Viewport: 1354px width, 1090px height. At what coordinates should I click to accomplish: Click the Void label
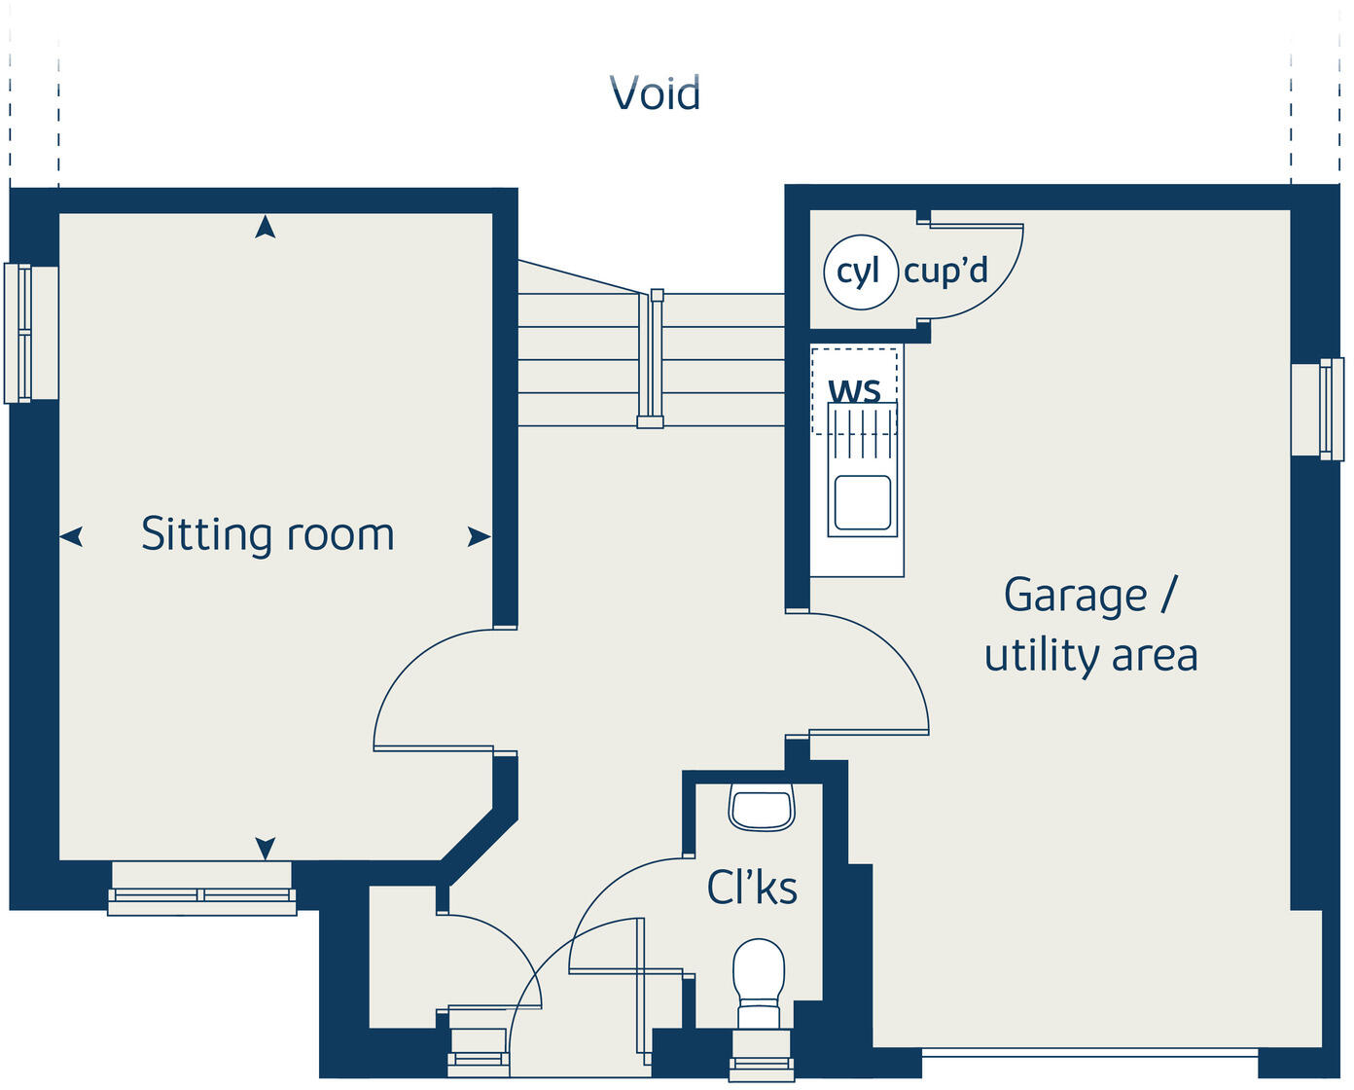tap(655, 93)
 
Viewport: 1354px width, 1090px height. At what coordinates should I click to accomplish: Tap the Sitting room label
tap(267, 534)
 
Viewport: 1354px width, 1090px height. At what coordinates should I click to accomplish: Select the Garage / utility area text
tap(1090, 624)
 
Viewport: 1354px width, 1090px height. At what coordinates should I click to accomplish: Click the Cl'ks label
tap(752, 887)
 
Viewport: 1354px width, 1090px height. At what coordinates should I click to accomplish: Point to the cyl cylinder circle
tap(858, 272)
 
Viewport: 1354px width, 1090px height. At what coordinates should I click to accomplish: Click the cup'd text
tap(945, 270)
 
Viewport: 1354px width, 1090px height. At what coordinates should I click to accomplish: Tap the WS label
tap(854, 390)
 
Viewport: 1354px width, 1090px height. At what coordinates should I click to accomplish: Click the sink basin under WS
tap(862, 502)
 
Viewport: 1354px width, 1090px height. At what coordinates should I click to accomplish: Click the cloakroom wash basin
tap(762, 810)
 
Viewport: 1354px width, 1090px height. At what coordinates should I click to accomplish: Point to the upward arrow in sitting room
tap(265, 228)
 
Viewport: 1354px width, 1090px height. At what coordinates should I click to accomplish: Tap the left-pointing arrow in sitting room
tap(72, 536)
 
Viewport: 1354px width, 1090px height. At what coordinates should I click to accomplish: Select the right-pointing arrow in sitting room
tap(479, 536)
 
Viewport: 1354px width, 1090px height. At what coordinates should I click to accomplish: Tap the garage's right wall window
tap(1324, 409)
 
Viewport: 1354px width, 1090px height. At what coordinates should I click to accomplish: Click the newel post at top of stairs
tap(658, 295)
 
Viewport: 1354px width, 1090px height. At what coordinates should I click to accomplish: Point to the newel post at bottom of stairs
tap(650, 422)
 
